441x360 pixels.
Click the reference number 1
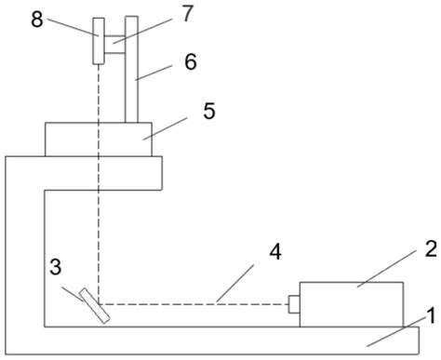point(427,316)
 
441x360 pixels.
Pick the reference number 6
point(191,61)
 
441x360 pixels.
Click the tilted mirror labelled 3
point(94,305)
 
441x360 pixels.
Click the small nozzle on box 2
point(293,304)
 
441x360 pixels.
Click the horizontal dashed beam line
point(195,304)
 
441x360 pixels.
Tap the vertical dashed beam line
point(97,186)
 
